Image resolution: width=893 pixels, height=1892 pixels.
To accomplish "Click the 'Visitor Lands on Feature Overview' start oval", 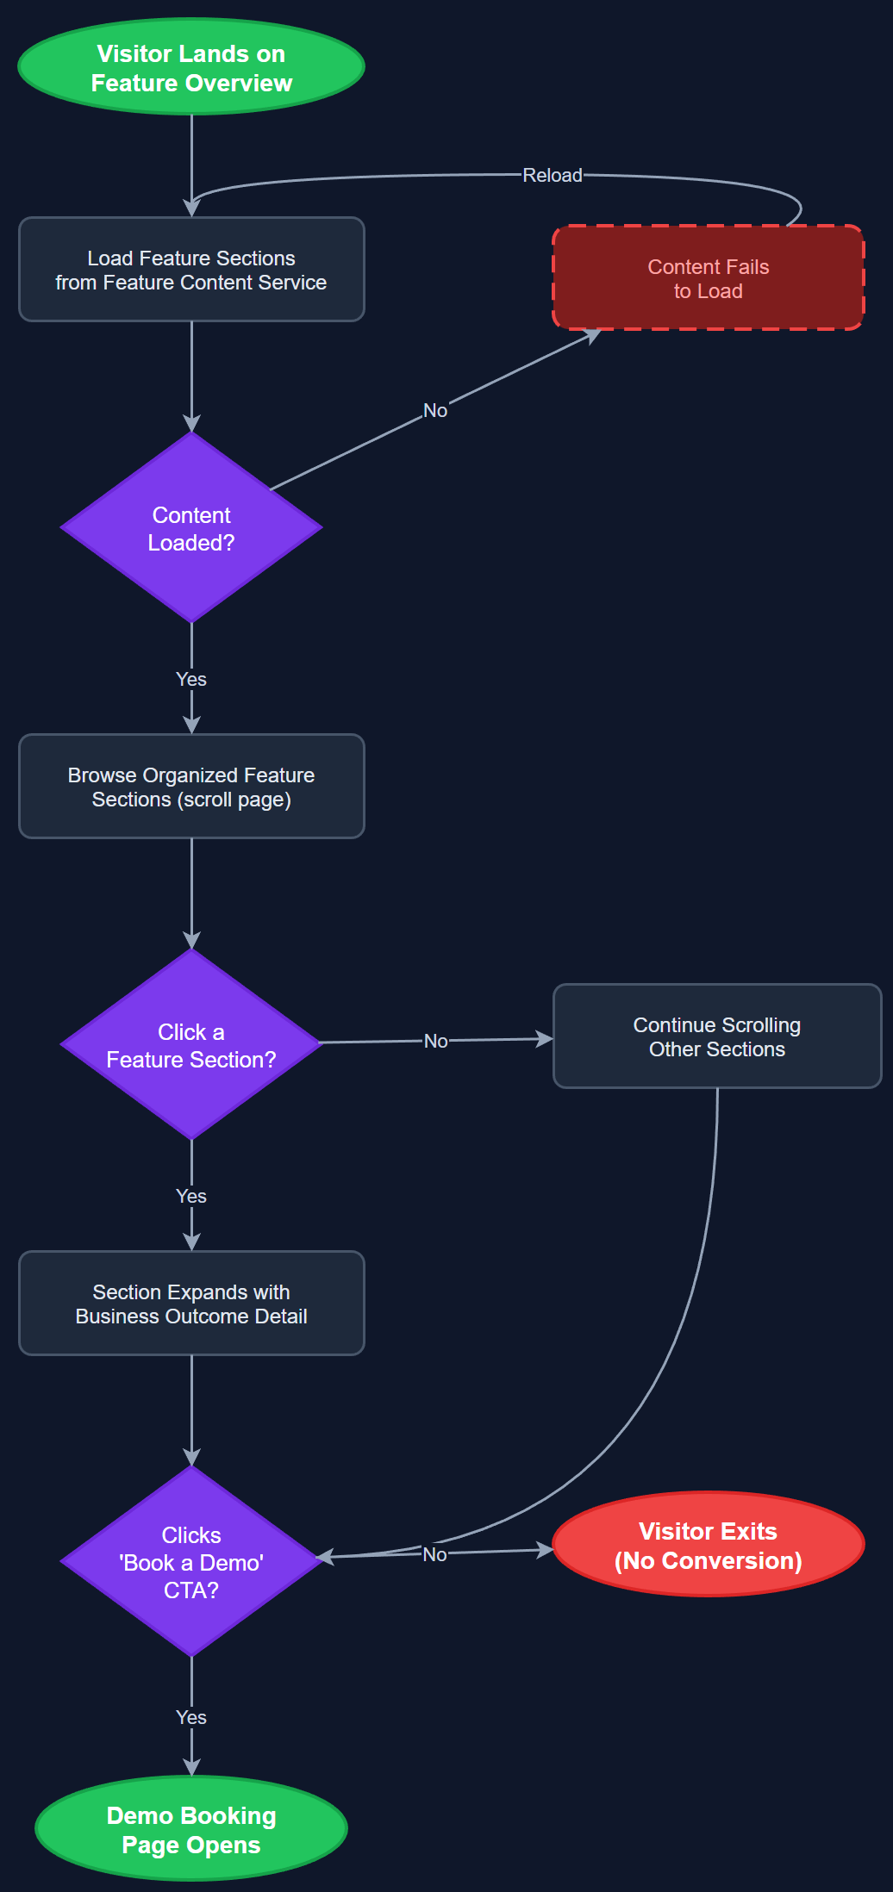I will click(191, 67).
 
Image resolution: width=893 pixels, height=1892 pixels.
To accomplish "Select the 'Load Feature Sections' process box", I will click(191, 270).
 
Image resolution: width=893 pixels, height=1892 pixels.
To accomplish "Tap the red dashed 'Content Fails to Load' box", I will click(708, 278).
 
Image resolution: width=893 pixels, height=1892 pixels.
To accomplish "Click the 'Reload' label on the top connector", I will click(553, 175).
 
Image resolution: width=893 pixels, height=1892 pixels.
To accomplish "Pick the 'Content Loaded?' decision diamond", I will click(191, 527).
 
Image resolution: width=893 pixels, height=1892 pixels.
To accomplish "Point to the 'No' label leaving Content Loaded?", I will click(435, 410).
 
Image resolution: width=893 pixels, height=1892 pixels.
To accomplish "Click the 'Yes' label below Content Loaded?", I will click(191, 679).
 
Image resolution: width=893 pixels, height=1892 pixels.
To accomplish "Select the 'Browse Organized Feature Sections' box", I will click(191, 787).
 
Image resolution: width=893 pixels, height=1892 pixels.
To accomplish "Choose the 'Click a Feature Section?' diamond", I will click(191, 1044).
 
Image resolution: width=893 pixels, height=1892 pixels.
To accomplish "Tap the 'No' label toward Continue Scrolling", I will click(436, 1041).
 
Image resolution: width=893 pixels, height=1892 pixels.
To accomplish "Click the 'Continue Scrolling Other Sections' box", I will click(716, 1036).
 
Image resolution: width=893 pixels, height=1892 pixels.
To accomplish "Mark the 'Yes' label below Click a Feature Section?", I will click(191, 1196).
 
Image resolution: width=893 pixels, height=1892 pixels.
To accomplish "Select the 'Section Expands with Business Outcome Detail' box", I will click(191, 1304).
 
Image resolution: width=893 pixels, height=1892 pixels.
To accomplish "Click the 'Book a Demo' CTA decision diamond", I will click(191, 1561).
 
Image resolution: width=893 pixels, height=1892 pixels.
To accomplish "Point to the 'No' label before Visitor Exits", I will click(435, 1554).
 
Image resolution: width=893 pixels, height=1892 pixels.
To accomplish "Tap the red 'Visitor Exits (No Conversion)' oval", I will click(708, 1545).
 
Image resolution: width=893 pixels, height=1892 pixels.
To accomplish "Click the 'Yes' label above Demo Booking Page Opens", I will click(191, 1717).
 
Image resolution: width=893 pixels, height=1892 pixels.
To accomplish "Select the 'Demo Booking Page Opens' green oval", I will click(191, 1829).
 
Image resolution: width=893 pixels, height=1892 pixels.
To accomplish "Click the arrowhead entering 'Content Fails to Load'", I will click(593, 334).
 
